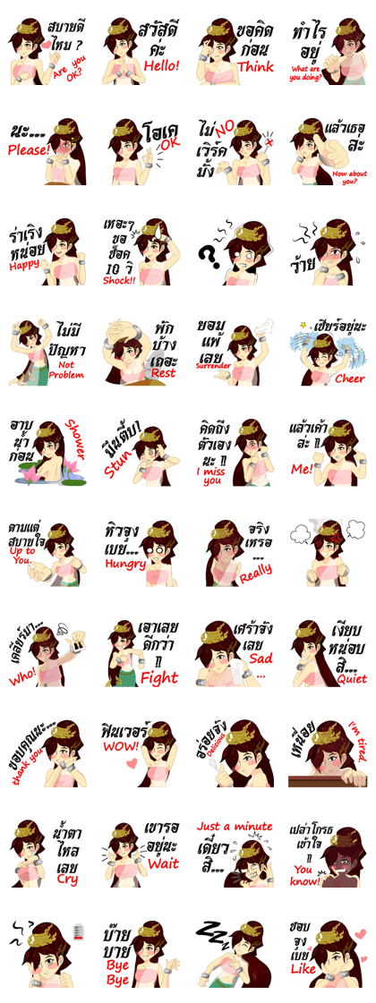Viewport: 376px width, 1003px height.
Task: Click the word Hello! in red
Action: click(x=162, y=65)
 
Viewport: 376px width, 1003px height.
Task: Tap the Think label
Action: click(x=255, y=66)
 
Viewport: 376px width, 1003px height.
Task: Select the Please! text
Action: click(x=29, y=151)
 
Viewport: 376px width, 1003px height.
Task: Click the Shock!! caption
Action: click(x=118, y=279)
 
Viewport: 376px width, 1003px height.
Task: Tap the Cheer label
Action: click(x=350, y=378)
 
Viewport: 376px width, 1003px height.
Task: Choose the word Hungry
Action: click(x=124, y=565)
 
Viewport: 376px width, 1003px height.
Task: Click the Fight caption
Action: click(x=159, y=678)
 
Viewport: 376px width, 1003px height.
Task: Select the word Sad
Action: click(x=260, y=659)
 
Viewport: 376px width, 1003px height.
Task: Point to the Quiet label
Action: click(x=351, y=679)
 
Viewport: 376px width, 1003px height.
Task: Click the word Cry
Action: click(x=67, y=879)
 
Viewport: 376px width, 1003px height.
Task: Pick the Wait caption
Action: click(x=163, y=863)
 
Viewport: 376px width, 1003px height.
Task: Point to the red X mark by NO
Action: click(x=269, y=142)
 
